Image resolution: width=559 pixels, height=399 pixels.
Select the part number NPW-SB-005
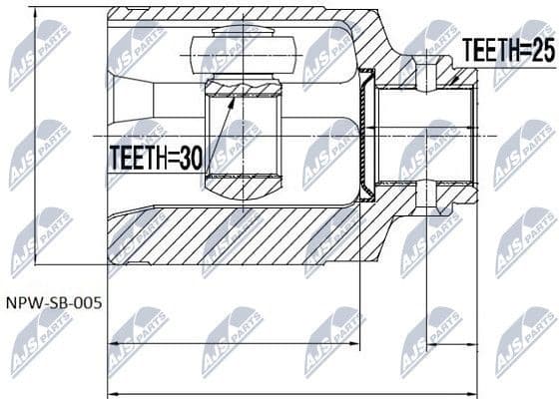click(x=52, y=300)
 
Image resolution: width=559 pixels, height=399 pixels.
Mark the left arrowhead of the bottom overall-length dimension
click(x=111, y=392)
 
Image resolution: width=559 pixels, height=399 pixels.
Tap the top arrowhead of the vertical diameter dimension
click(x=36, y=14)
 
